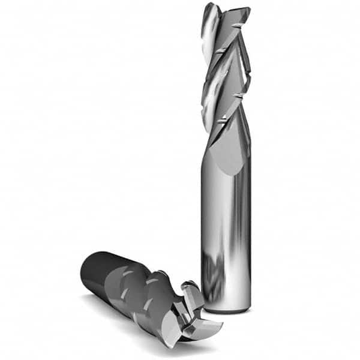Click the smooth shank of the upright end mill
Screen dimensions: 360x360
(x=226, y=228)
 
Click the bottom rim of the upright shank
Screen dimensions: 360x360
(x=226, y=310)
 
